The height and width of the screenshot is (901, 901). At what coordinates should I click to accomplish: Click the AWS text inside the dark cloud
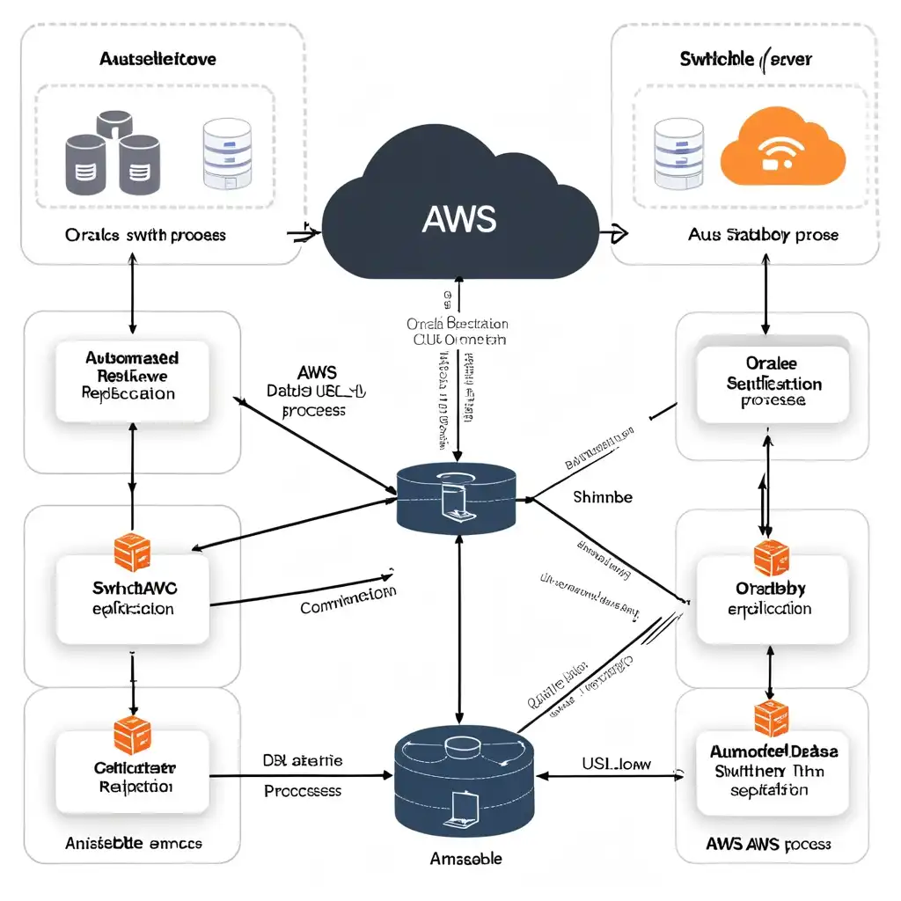(458, 219)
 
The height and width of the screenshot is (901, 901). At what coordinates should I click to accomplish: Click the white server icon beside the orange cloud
(678, 152)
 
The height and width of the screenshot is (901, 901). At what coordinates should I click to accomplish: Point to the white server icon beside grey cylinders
(227, 153)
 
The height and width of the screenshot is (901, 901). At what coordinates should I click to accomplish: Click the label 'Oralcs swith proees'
(145, 236)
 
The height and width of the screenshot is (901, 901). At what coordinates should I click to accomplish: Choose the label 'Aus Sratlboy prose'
(763, 235)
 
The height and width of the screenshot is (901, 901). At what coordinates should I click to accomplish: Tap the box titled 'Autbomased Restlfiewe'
(132, 377)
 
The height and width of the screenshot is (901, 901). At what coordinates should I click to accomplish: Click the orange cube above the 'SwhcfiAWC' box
(132, 552)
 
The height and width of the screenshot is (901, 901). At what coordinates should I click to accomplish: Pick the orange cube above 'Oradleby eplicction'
(771, 558)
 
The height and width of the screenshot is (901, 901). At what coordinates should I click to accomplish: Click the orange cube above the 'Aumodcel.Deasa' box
(771, 718)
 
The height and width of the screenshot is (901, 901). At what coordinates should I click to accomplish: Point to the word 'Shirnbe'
(602, 497)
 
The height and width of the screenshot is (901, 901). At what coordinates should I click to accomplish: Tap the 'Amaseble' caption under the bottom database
(458, 858)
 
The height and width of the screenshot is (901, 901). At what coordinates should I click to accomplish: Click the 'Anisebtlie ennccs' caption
(134, 843)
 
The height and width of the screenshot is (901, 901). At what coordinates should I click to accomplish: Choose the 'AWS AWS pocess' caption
(768, 844)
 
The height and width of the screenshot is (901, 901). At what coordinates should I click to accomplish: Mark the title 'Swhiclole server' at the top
(745, 60)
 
